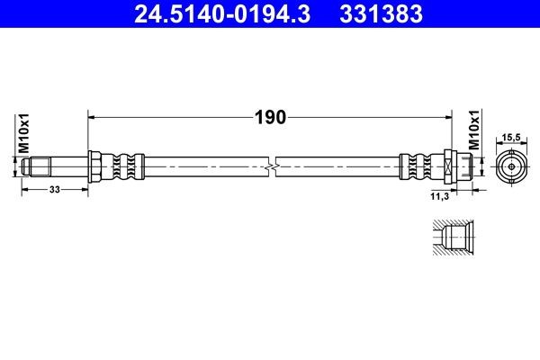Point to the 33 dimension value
54,190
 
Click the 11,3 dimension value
440,193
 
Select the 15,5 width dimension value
510,136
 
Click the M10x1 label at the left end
25,135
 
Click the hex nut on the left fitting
93,166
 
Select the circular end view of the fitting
510,166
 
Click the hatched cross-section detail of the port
446,238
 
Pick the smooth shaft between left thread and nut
63,166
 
